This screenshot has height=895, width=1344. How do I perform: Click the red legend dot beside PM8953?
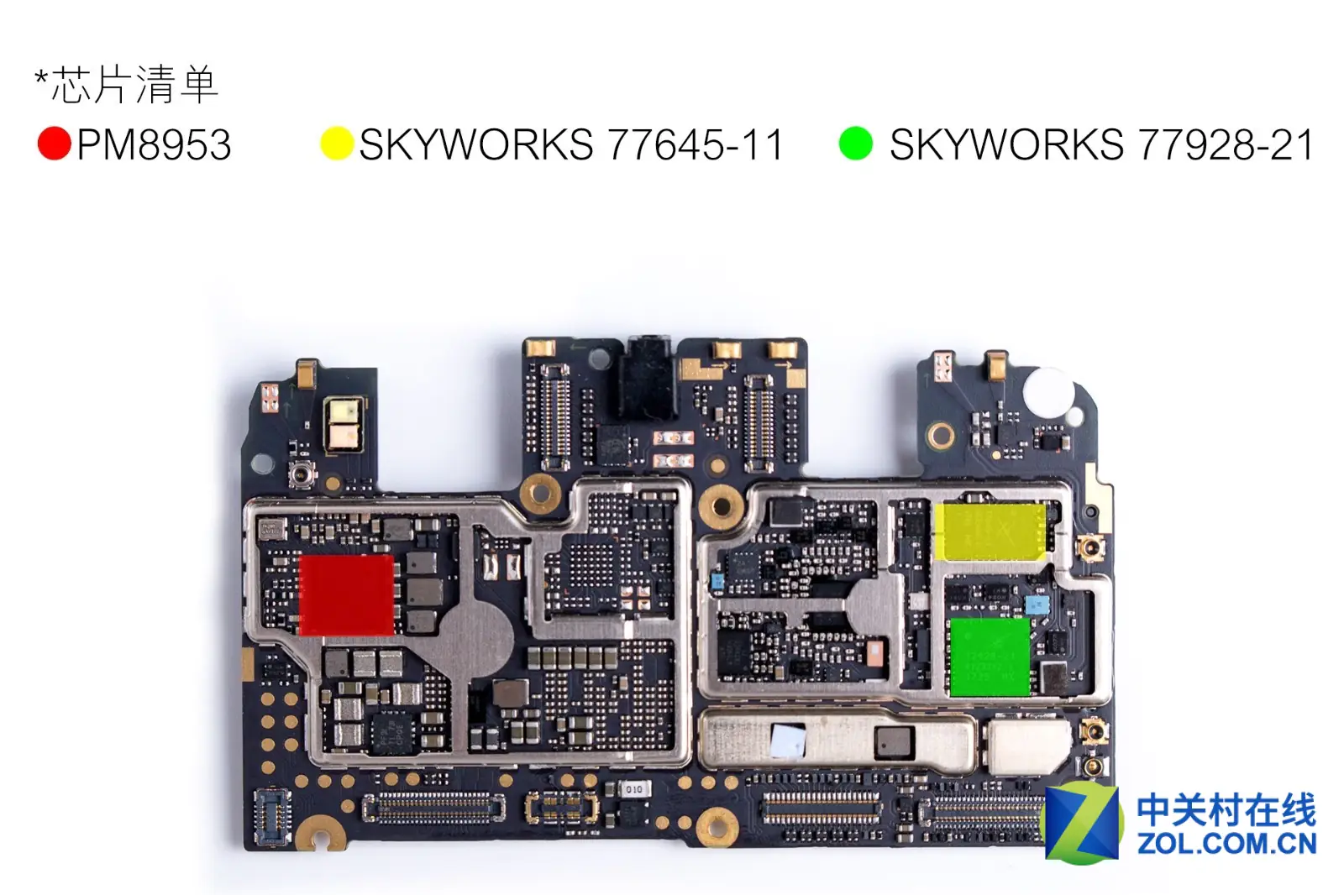coord(55,144)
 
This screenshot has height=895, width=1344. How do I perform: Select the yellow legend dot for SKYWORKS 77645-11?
coord(337,144)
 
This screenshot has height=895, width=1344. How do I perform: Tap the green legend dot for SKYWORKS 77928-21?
coord(856,144)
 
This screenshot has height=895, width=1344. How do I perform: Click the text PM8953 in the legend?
coord(155,144)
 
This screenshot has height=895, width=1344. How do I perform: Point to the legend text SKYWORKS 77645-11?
coord(571,144)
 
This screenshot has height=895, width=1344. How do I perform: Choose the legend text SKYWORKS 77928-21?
coord(1101,144)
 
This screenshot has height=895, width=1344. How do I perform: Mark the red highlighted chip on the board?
coord(347,595)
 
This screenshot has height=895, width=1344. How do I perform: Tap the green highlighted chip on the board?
coord(990,657)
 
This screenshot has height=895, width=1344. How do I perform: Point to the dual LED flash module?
coord(344,423)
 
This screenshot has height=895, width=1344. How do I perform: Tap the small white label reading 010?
coord(633,789)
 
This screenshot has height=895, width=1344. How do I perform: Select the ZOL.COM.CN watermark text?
coord(1226,844)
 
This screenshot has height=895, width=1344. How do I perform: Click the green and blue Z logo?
coord(1083,823)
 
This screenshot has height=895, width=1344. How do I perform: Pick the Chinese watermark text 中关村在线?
coord(1226,809)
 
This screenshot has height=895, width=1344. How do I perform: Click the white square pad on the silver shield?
coord(788,741)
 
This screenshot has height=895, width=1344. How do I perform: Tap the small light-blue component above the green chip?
coord(1037,605)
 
